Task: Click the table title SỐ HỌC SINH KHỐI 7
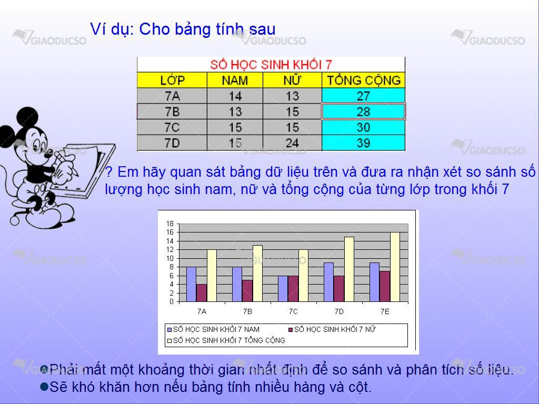pos(271,64)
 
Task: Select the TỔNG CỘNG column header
pos(364,80)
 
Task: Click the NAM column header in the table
pos(235,80)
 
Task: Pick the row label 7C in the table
pos(172,127)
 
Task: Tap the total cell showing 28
pos(363,112)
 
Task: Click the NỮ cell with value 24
pos(292,143)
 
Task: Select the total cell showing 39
pos(363,143)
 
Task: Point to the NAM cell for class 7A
pos(235,96)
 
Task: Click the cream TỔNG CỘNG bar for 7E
pos(395,267)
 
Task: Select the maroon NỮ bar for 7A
pos(202,293)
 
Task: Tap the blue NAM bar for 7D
pos(328,282)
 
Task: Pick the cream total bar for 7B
pos(257,274)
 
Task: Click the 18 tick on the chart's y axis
pos(170,224)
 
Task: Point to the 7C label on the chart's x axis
pos(293,311)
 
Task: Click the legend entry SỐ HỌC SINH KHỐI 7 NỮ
pos(332,329)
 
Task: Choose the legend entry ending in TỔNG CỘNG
pos(226,340)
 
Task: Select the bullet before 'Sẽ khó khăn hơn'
pos(44,387)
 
